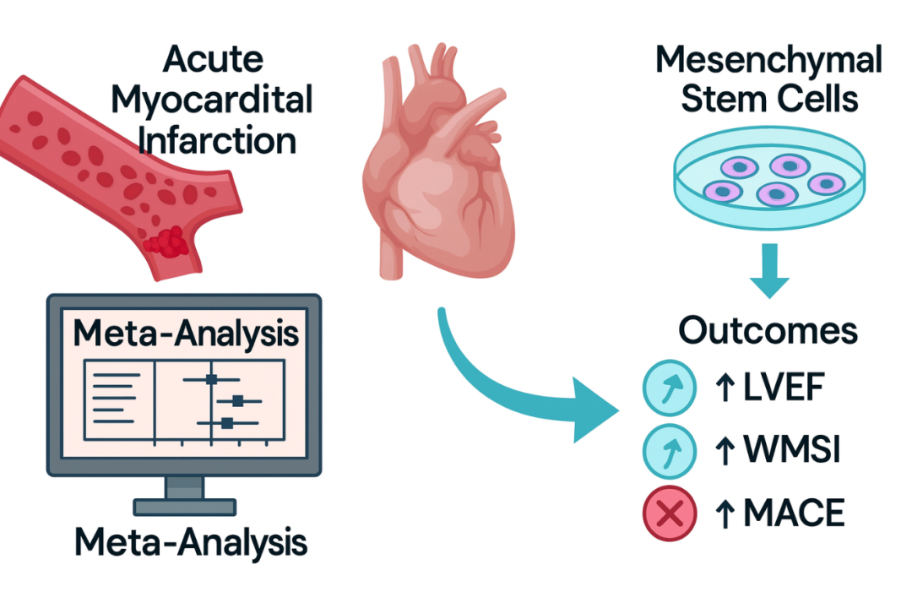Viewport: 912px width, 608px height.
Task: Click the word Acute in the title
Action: click(x=213, y=60)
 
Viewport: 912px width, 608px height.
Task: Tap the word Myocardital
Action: click(x=212, y=100)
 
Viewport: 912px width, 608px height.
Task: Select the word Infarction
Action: click(x=217, y=139)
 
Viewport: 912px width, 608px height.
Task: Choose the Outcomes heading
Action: click(x=768, y=330)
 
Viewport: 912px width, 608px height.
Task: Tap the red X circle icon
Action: click(x=670, y=512)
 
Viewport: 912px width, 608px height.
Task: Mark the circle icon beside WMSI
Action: click(x=670, y=450)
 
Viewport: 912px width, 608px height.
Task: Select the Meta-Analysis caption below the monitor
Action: click(x=190, y=543)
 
